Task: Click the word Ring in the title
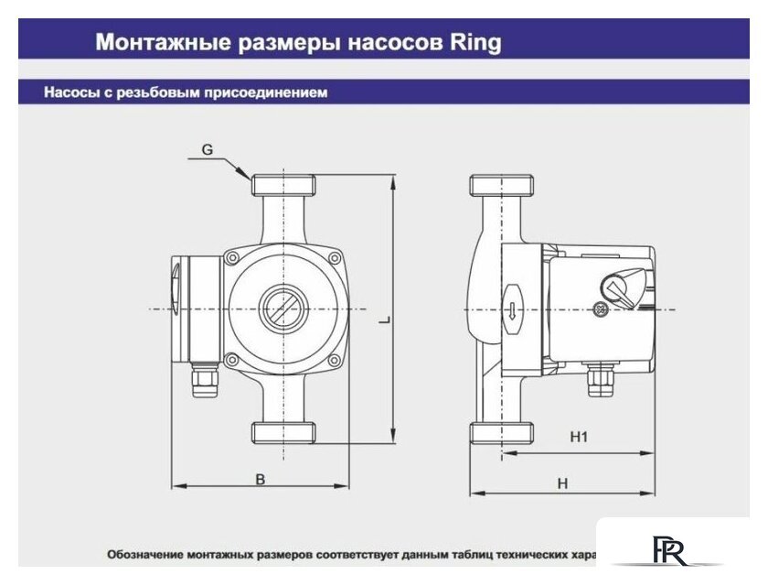474,42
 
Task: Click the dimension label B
260,479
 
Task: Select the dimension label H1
577,438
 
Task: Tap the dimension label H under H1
563,483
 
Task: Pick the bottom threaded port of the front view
283,432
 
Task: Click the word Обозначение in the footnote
146,555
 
